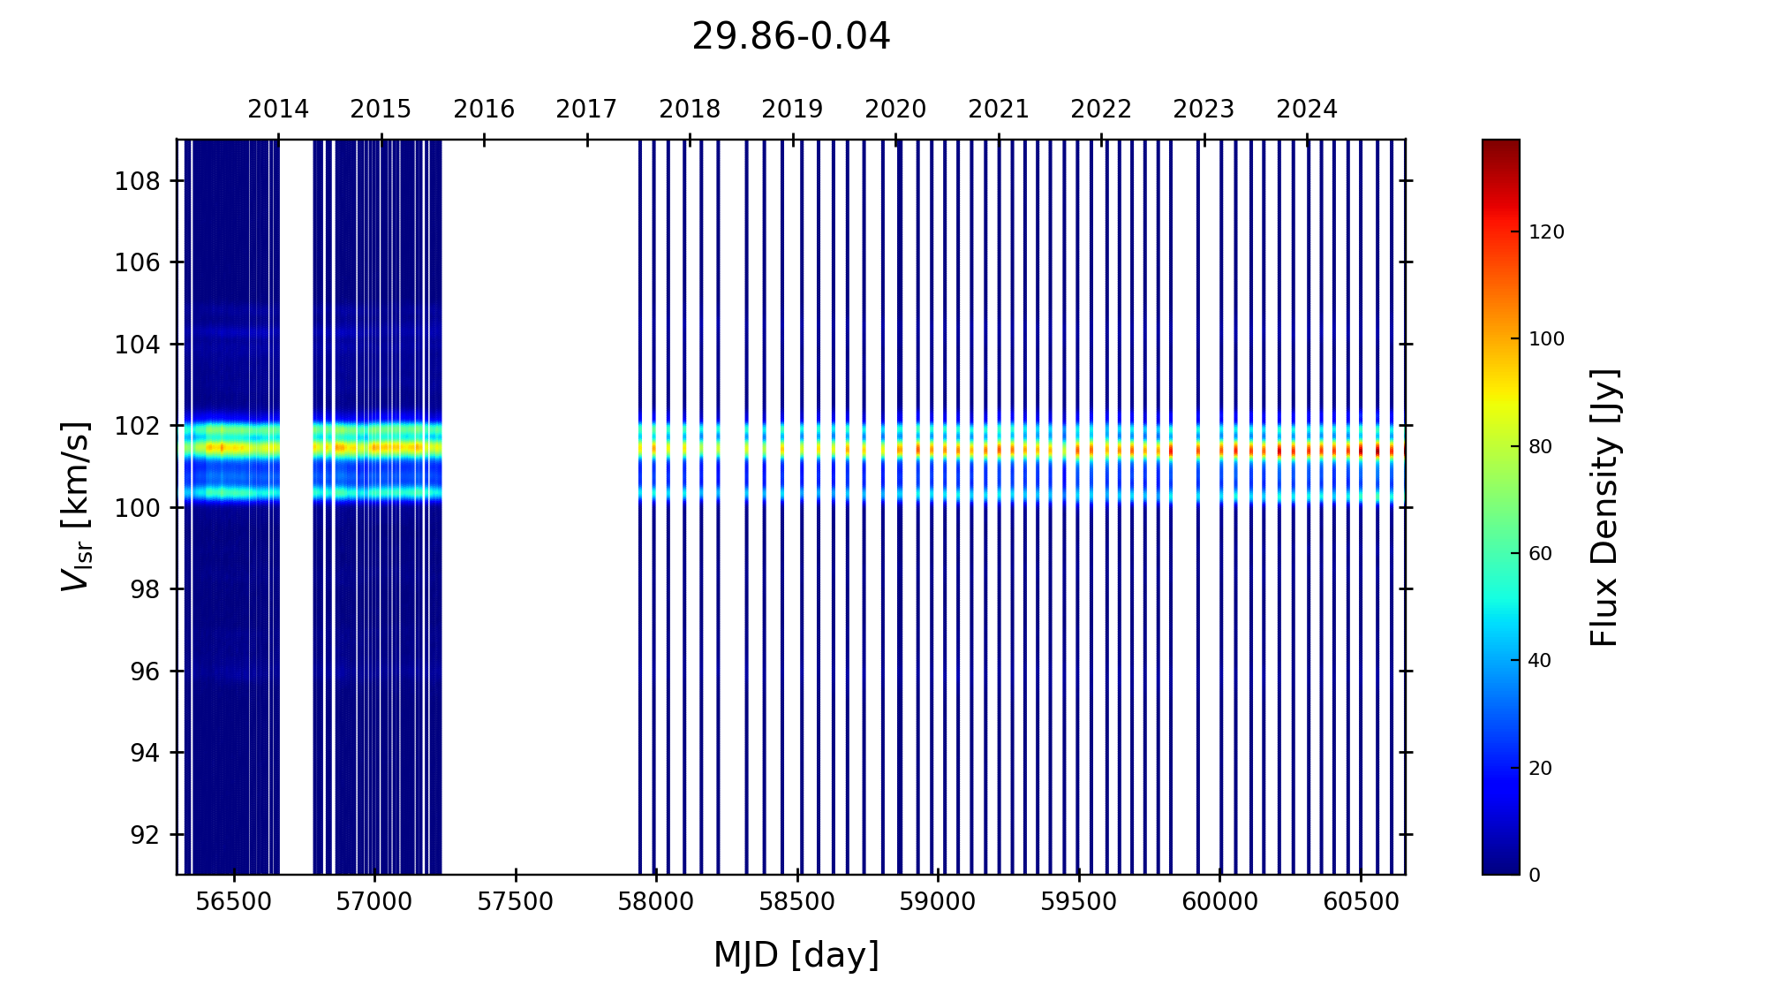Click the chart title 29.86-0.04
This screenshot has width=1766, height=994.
[x=790, y=37]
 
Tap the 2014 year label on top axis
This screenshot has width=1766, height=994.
[x=278, y=110]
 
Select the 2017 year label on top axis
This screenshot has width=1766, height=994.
[x=586, y=110]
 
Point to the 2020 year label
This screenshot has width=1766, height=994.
[x=895, y=110]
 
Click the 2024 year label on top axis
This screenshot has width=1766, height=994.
[x=1307, y=110]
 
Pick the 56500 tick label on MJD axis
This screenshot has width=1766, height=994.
[x=234, y=902]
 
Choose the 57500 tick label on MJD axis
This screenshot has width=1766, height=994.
[x=516, y=902]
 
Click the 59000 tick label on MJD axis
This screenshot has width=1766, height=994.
[x=938, y=902]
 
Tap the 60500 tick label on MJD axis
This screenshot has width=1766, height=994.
[x=1360, y=902]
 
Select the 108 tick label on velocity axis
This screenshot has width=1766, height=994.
[x=138, y=181]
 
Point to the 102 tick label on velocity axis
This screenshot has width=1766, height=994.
[x=138, y=426]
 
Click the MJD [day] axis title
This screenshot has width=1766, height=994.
[x=796, y=955]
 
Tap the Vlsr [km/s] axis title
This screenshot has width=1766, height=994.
[x=76, y=506]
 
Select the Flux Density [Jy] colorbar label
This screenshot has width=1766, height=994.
[x=1604, y=507]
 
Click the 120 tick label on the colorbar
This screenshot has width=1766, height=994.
[x=1546, y=232]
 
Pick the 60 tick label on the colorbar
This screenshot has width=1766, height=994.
[x=1540, y=554]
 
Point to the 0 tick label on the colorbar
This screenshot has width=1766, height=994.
[x=1535, y=876]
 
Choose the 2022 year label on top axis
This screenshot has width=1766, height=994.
[x=1101, y=110]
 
